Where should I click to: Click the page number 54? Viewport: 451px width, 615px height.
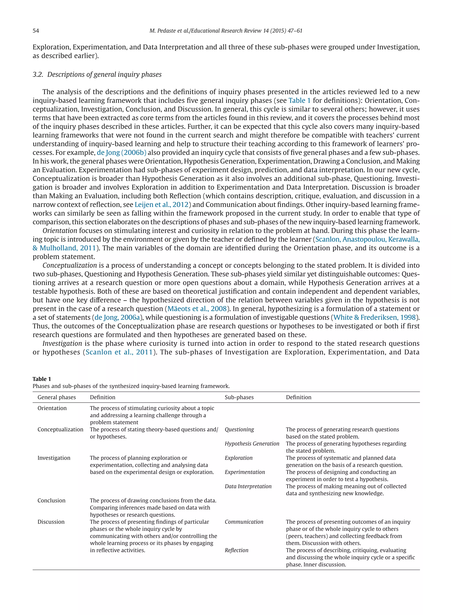coord(36,31)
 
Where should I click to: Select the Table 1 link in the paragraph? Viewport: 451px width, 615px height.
coord(299,100)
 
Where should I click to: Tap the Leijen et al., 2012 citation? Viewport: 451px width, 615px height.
coord(161,205)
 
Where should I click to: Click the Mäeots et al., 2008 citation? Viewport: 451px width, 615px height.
coord(197,309)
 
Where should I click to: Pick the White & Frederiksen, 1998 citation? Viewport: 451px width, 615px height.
coord(374,317)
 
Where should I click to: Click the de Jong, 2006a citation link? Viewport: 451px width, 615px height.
coord(117,317)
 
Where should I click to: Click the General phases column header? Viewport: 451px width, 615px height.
coord(57,397)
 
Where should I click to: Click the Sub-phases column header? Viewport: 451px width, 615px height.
coord(239,397)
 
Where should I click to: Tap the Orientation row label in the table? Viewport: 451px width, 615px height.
coord(52,408)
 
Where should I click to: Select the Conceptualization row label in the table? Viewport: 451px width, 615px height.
coord(60,429)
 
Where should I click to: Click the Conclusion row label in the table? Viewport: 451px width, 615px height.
coord(51,500)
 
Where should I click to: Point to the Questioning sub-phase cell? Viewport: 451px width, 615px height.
coord(239,429)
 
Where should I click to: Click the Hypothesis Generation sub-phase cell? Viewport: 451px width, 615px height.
coord(252,444)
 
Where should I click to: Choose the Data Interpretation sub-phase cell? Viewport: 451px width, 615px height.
coord(248,486)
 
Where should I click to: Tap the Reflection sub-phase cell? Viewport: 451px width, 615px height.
coord(237,550)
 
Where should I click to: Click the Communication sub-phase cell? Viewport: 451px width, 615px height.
coord(244,522)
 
